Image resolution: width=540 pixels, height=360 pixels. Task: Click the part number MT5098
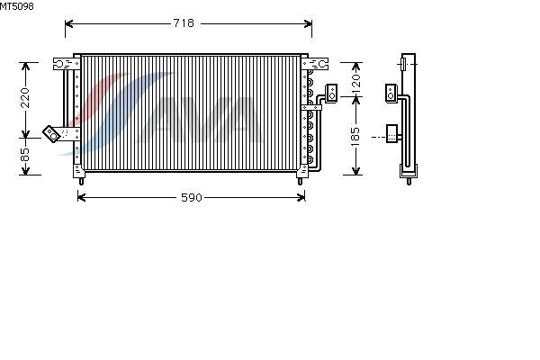tap(17, 6)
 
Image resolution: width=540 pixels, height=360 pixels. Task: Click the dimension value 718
tap(184, 23)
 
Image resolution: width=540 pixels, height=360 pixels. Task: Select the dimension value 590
tap(192, 197)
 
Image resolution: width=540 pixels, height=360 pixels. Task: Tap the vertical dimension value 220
tap(25, 98)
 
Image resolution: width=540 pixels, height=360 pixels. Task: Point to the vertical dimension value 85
tap(25, 155)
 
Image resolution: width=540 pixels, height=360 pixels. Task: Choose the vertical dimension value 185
tap(355, 137)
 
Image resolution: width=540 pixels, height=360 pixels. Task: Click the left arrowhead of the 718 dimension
tap(69, 23)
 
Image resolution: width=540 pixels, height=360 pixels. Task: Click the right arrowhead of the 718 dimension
tap(308, 23)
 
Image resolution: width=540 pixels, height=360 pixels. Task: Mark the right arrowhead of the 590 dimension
tap(301, 197)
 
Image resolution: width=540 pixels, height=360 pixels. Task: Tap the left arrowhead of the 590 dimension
tap(82, 197)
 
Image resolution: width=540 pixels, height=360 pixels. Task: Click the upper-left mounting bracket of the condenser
tap(67, 64)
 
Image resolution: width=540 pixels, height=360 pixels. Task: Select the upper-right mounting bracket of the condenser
tap(315, 64)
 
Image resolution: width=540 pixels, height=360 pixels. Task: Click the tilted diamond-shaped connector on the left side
tap(51, 134)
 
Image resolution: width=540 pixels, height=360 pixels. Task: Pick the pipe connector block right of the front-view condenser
tap(331, 93)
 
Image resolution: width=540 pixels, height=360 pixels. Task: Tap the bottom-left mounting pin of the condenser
tap(81, 181)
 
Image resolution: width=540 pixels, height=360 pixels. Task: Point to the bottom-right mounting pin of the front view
tap(300, 181)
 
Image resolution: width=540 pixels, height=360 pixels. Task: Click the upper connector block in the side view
tap(391, 93)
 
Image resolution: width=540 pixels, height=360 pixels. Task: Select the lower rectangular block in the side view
tap(391, 134)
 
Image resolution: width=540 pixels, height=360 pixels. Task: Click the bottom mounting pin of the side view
tap(409, 181)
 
